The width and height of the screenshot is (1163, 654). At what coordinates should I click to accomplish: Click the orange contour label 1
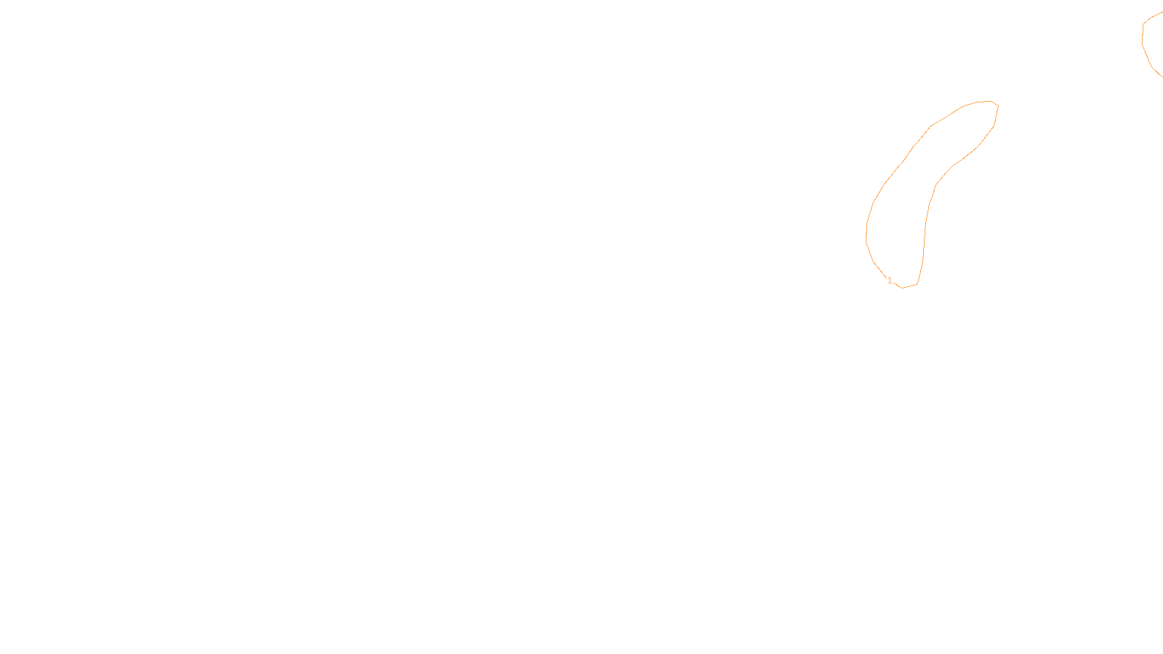coord(890,280)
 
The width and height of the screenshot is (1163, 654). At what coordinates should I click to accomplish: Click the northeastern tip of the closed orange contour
coord(997,105)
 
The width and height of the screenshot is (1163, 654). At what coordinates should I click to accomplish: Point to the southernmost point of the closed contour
coord(903,288)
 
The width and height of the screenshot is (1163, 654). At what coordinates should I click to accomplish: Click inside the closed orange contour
coord(901,218)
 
